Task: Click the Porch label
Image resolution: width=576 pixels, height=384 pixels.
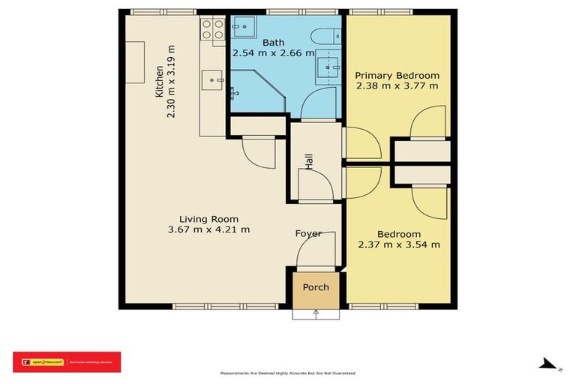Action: pyautogui.click(x=316, y=287)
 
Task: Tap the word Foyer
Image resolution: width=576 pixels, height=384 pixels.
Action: pyautogui.click(x=308, y=233)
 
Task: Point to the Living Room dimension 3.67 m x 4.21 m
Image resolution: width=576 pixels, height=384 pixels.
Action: pyautogui.click(x=208, y=229)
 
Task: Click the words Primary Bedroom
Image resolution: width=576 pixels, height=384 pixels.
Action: pyautogui.click(x=397, y=76)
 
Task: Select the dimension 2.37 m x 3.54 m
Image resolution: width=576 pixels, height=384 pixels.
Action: pyautogui.click(x=398, y=244)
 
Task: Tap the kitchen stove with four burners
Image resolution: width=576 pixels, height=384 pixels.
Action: pyautogui.click(x=213, y=29)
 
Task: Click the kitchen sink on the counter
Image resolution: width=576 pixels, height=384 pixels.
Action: pyautogui.click(x=213, y=76)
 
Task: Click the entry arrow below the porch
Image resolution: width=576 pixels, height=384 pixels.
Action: pyautogui.click(x=316, y=313)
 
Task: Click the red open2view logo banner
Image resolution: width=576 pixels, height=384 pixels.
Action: pyautogui.click(x=66, y=361)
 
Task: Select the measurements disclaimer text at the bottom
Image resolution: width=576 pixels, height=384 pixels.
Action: pyautogui.click(x=287, y=373)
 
